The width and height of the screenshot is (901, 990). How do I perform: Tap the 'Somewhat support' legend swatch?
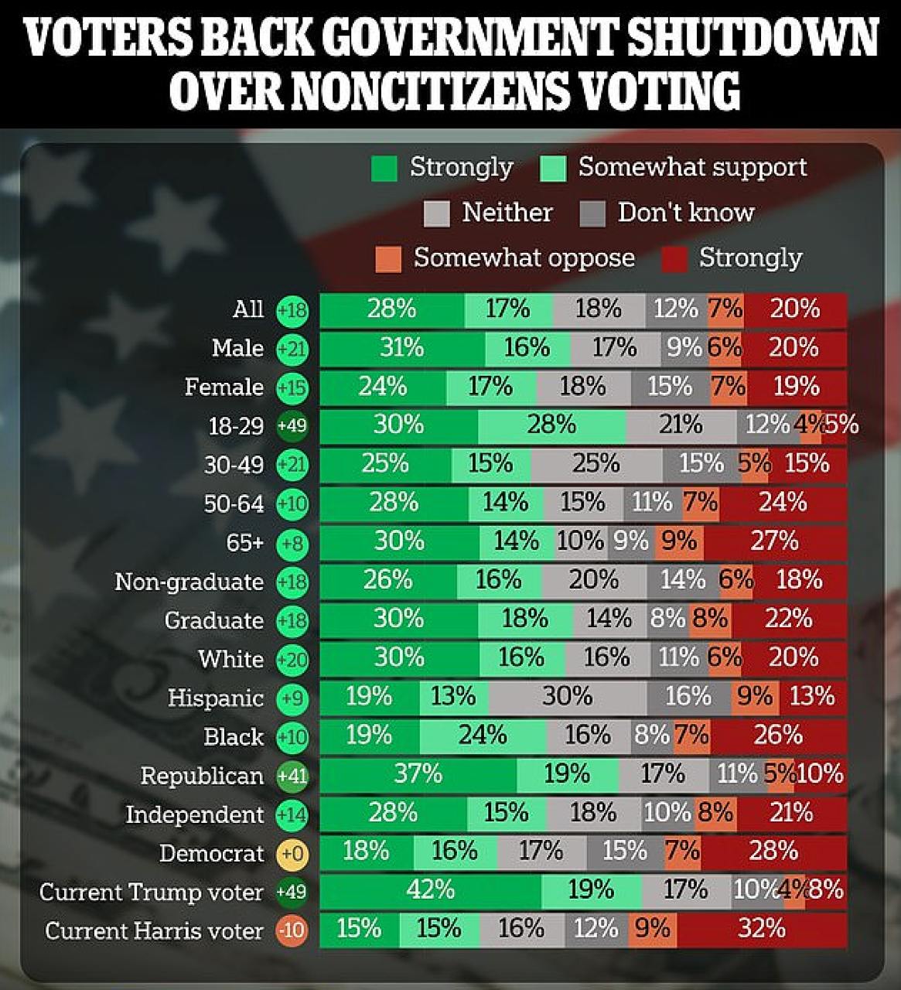(x=554, y=168)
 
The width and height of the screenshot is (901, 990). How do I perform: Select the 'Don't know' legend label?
(x=685, y=213)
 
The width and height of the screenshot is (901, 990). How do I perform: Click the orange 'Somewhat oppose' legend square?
(x=388, y=258)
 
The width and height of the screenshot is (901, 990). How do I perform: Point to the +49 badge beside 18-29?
(x=292, y=426)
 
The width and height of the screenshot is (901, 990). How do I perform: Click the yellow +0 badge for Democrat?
(x=292, y=854)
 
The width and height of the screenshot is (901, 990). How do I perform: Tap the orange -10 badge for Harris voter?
(x=292, y=930)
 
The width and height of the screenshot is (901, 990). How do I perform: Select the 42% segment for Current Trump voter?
(x=430, y=891)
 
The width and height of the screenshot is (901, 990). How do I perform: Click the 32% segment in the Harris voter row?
(x=761, y=929)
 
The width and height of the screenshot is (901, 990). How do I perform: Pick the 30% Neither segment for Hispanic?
(x=567, y=697)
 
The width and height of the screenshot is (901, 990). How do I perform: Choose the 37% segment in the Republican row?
(x=418, y=774)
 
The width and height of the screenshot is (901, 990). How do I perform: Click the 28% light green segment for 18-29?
(x=551, y=425)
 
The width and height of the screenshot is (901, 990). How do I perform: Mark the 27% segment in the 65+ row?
(x=774, y=541)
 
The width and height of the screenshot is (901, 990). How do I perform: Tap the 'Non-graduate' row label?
(x=189, y=582)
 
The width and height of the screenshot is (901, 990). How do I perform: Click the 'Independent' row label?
(x=194, y=814)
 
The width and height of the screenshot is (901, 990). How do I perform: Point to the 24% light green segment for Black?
(x=483, y=736)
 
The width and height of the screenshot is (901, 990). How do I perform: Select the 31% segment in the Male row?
(x=401, y=348)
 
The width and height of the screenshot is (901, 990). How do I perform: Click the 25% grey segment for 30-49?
(x=596, y=464)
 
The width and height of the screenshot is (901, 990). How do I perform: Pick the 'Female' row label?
(x=224, y=387)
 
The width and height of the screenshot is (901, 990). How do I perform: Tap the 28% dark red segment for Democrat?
(x=773, y=852)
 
